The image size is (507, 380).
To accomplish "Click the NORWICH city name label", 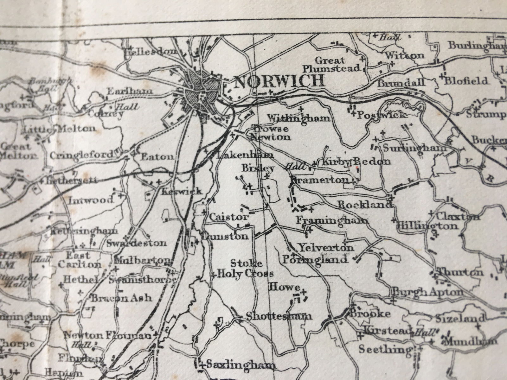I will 280,81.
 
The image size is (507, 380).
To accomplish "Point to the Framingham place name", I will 332,220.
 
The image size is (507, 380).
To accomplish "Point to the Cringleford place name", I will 81,155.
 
